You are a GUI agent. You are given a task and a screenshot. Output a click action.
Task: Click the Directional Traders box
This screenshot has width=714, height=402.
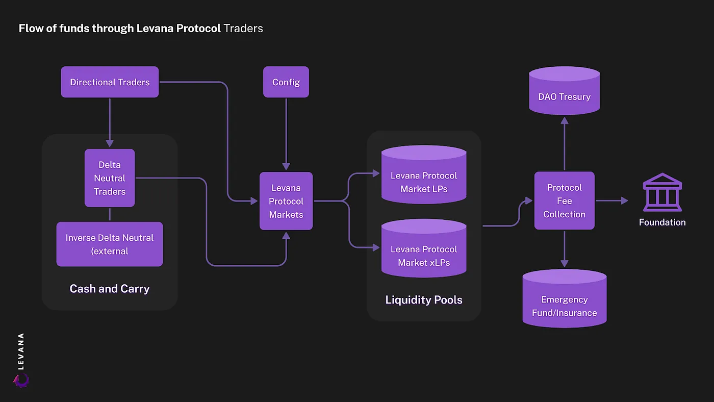coord(110,82)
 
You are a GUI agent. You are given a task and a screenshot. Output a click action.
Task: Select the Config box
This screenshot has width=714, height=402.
coord(286,82)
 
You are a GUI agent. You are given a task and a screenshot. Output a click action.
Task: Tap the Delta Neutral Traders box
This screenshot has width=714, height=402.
coord(110,178)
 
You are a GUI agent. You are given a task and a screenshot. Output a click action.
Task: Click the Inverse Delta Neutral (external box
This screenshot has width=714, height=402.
coord(110,244)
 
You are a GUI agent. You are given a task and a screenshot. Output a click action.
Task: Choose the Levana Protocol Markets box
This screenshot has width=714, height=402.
coord(286,201)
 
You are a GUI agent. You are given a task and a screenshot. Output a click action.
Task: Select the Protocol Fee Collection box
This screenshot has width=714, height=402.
coord(564,201)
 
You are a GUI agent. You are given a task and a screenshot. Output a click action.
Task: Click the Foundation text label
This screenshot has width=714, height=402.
coord(662,222)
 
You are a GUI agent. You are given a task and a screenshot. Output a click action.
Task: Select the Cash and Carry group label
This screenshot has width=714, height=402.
coord(110,289)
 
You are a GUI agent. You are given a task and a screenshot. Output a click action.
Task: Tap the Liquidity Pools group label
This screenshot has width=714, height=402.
coord(424,300)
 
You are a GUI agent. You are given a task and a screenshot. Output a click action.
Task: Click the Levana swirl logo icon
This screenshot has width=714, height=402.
coord(21,380)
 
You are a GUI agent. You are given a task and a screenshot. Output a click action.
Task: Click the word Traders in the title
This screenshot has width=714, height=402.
coord(243,28)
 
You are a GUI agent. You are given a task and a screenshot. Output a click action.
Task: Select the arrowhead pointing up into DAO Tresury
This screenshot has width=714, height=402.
coord(564,120)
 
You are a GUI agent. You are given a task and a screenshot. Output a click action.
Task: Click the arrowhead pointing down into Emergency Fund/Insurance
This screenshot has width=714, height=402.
coord(564,263)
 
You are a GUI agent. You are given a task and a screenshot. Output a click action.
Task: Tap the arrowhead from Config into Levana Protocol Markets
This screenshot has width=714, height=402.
coord(286,166)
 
